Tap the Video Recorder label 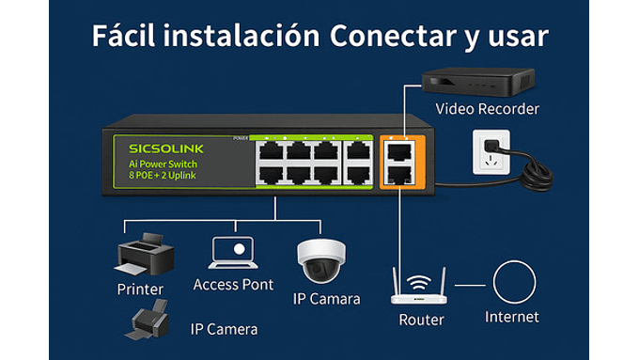487,109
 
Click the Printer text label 140,289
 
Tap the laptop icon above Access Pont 232,252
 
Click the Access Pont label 233,284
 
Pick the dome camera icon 321,260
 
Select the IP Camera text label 224,329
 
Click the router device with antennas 420,291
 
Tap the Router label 420,320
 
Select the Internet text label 512,317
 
